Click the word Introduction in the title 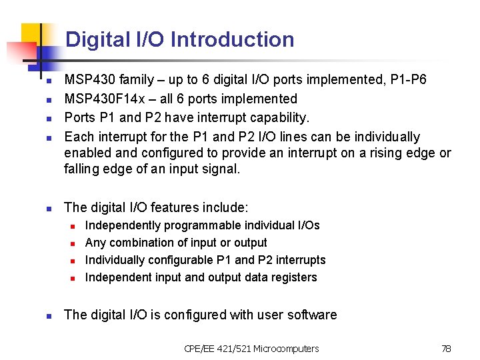(x=233, y=39)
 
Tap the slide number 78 (x=446, y=349)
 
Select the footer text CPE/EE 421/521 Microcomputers (x=251, y=349)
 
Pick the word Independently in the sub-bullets (x=123, y=225)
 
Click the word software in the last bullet (x=311, y=315)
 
